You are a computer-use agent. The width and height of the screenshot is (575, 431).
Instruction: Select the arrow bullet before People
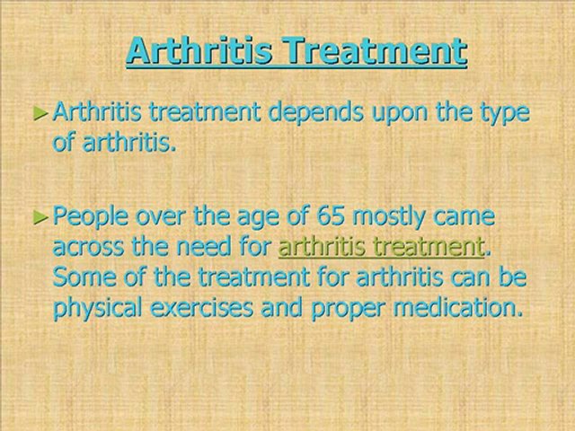tap(40, 217)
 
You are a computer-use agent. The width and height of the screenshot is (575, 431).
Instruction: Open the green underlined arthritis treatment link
tap(381, 247)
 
